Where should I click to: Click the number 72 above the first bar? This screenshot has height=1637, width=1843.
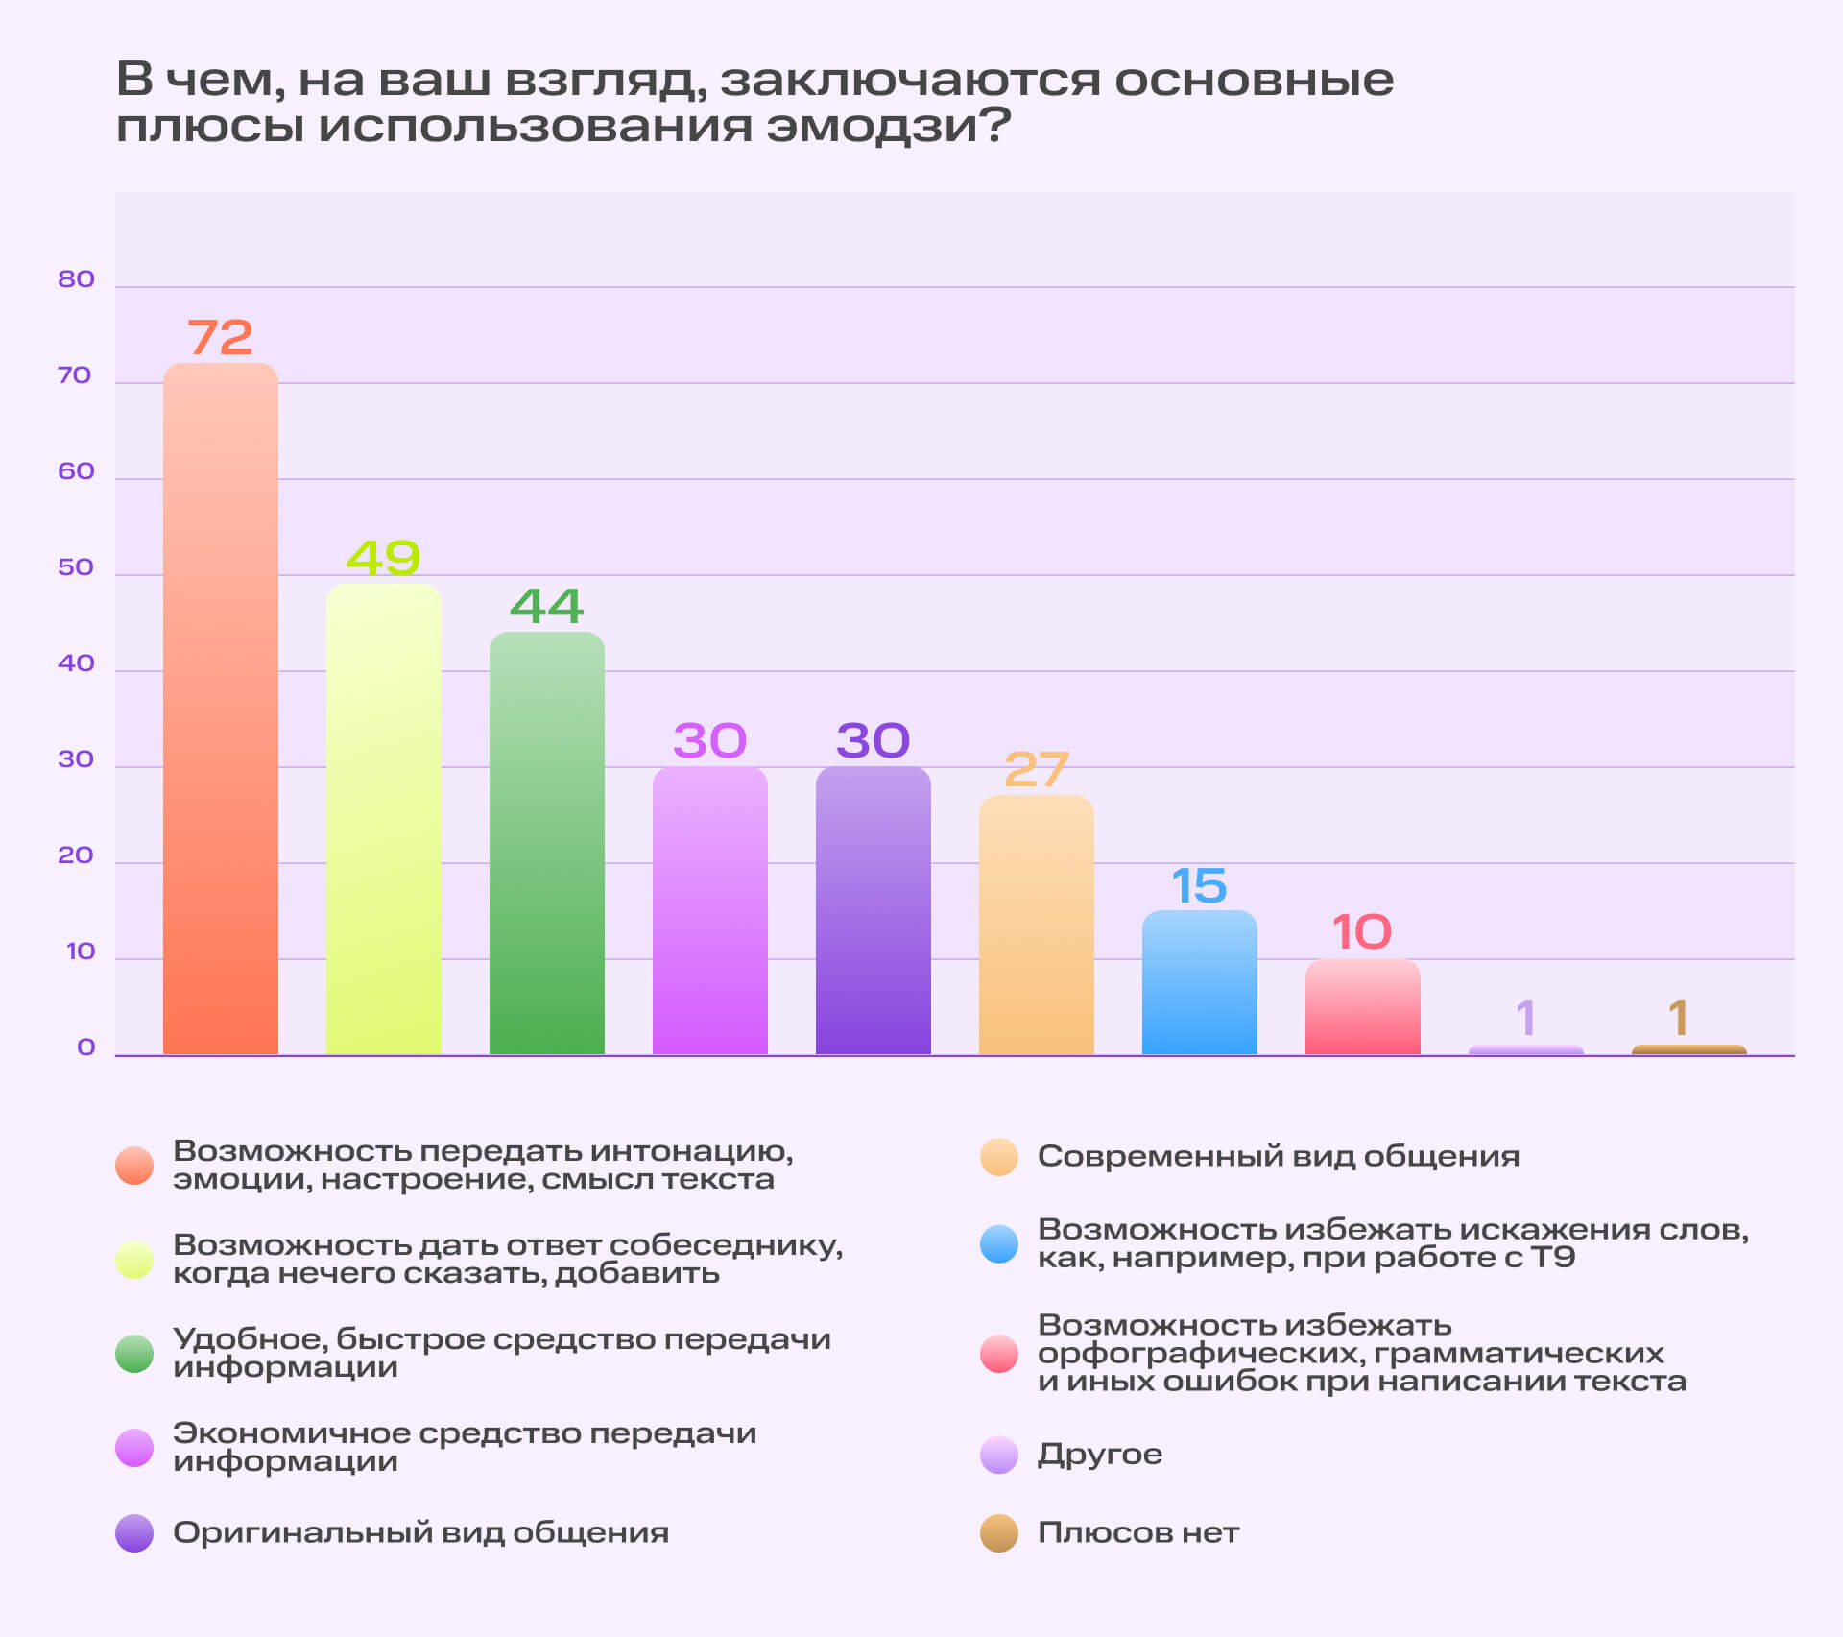tap(220, 338)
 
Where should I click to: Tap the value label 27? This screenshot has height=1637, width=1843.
tap(1037, 770)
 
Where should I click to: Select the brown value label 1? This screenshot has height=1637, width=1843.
tap(1678, 1019)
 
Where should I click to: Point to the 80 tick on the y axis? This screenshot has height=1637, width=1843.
tap(76, 279)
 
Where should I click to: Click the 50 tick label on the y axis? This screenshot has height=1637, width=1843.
tap(76, 567)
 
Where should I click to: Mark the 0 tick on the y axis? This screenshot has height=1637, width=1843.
tap(86, 1047)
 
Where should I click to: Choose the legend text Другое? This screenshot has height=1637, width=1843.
tap(1100, 1455)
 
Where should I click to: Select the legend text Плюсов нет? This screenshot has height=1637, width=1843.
tap(1138, 1533)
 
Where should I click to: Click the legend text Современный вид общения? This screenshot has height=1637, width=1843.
tap(1279, 1157)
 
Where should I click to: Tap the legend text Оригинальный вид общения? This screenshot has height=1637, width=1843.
tap(420, 1533)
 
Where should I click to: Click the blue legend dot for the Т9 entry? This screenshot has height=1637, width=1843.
tap(999, 1244)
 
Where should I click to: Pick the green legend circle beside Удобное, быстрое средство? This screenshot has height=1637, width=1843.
tap(134, 1354)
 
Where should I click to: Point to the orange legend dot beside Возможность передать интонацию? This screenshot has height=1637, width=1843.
tap(134, 1166)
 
